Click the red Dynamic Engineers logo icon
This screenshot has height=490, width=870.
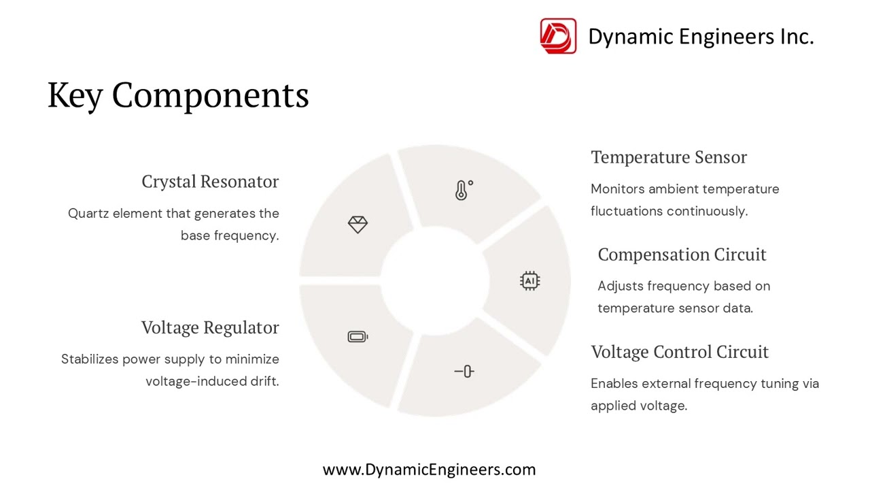(x=558, y=36)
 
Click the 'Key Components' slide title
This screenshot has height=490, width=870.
(x=178, y=95)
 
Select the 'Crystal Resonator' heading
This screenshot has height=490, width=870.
(x=210, y=182)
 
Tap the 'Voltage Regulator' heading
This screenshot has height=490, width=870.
(x=210, y=327)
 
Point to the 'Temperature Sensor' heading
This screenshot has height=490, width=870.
(x=669, y=157)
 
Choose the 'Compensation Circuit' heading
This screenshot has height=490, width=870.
(x=682, y=255)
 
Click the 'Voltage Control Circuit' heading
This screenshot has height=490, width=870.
(x=680, y=352)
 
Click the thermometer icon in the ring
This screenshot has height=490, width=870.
(x=464, y=190)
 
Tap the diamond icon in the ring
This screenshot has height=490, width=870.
(x=358, y=225)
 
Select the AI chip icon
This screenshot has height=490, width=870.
(x=529, y=280)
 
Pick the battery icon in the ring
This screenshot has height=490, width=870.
(x=358, y=336)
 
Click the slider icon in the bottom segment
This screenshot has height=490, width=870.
(x=464, y=371)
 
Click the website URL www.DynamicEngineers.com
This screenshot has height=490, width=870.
(x=429, y=470)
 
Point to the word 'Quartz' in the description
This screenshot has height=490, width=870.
(x=88, y=214)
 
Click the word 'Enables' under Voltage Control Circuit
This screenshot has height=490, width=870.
(x=614, y=384)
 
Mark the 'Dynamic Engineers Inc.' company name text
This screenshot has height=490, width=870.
(x=701, y=37)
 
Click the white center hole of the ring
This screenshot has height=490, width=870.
(x=435, y=280)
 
